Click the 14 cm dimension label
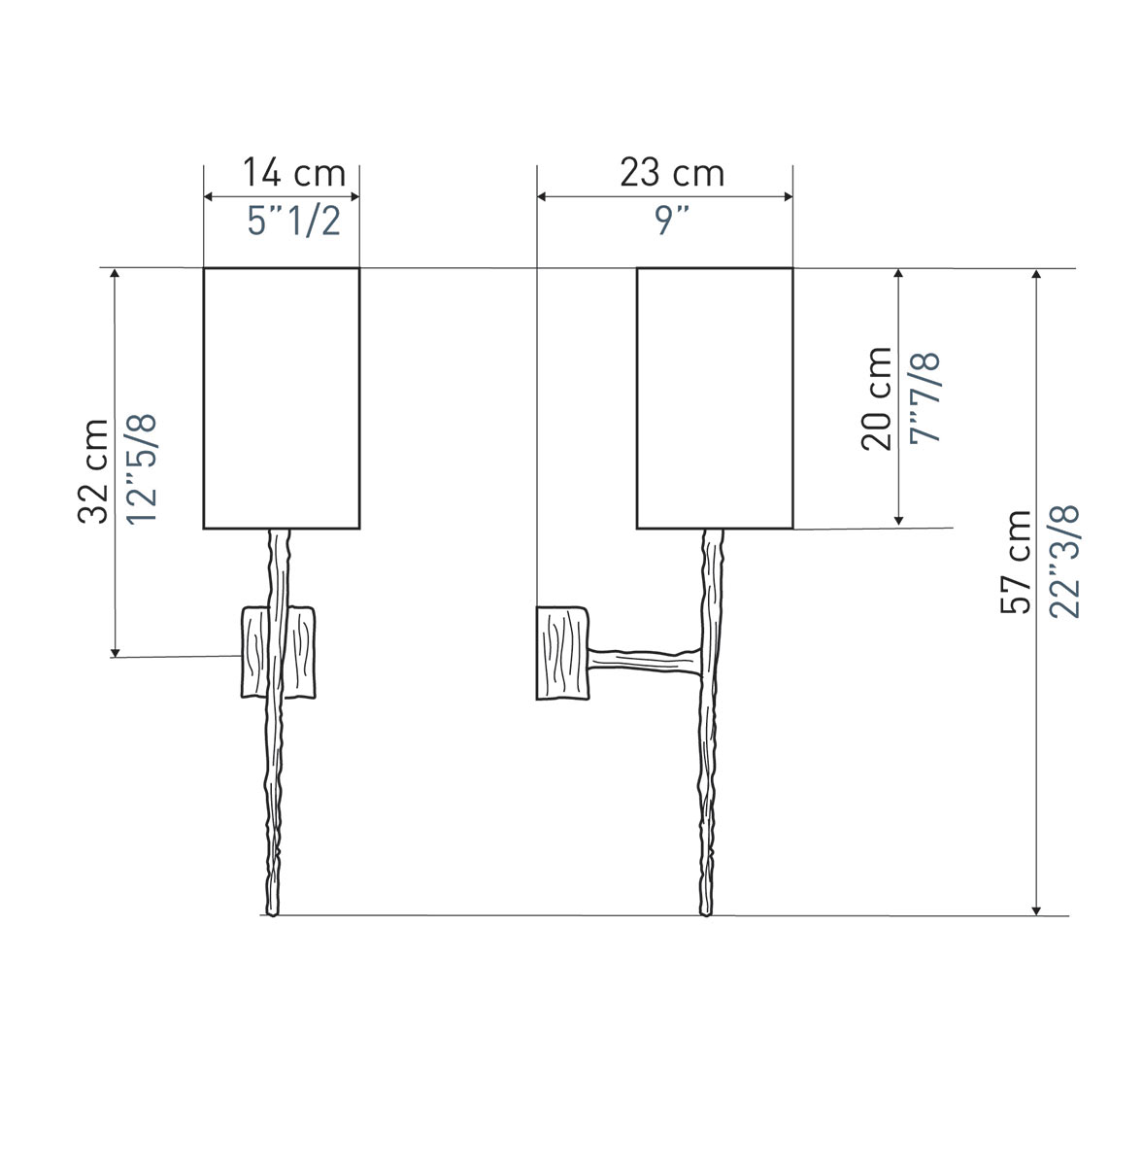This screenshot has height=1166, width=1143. click(294, 173)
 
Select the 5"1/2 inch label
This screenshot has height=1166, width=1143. click(294, 221)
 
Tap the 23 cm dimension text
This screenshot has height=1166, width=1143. click(672, 173)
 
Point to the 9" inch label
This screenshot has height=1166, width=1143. click(672, 221)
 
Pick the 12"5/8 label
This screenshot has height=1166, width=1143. click(142, 469)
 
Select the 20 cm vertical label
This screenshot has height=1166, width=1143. click(876, 398)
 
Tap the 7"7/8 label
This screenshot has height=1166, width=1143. click(924, 398)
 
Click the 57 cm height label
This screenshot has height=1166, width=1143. click(1016, 563)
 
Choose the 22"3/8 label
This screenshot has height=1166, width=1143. click(1063, 562)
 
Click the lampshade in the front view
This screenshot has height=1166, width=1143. click(282, 398)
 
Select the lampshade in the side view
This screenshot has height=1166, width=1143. click(714, 398)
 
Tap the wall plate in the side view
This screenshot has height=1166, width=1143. click(562, 653)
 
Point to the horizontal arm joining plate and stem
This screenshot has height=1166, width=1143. click(645, 661)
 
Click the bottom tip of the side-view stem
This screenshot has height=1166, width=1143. click(705, 915)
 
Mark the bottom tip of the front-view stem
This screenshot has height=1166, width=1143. click(272, 915)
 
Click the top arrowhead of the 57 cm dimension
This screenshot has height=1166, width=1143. click(1036, 273)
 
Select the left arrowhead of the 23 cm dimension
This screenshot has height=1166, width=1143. click(542, 196)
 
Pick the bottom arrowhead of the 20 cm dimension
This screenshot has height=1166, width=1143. click(898, 520)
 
